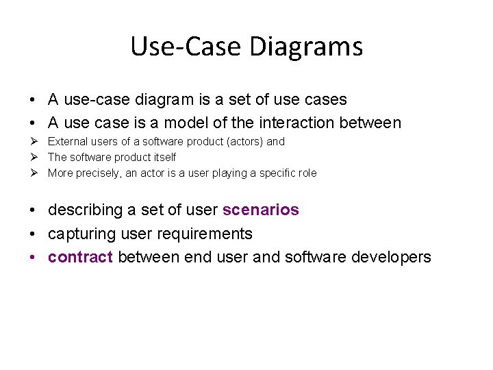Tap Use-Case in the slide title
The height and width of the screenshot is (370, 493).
187,47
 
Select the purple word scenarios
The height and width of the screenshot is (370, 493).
261,210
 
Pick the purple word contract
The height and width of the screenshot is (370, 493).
80,257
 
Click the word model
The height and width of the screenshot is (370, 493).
183,123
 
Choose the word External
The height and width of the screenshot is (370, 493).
67,142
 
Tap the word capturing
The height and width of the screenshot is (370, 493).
81,234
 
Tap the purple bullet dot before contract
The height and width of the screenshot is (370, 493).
33,258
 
